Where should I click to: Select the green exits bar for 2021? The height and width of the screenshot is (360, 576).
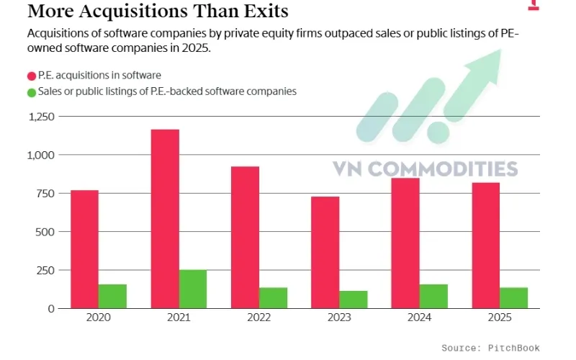click(x=192, y=289)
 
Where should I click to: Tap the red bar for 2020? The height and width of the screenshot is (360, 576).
click(x=84, y=249)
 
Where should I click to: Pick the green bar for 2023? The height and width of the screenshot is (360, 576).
click(x=353, y=300)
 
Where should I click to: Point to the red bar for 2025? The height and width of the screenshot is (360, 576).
click(x=485, y=246)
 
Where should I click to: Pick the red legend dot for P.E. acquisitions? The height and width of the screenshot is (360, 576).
click(x=32, y=76)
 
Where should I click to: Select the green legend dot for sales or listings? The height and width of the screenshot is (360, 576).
click(x=32, y=92)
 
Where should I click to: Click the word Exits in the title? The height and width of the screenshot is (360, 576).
click(x=262, y=12)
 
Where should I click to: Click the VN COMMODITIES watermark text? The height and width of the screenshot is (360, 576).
click(x=425, y=168)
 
